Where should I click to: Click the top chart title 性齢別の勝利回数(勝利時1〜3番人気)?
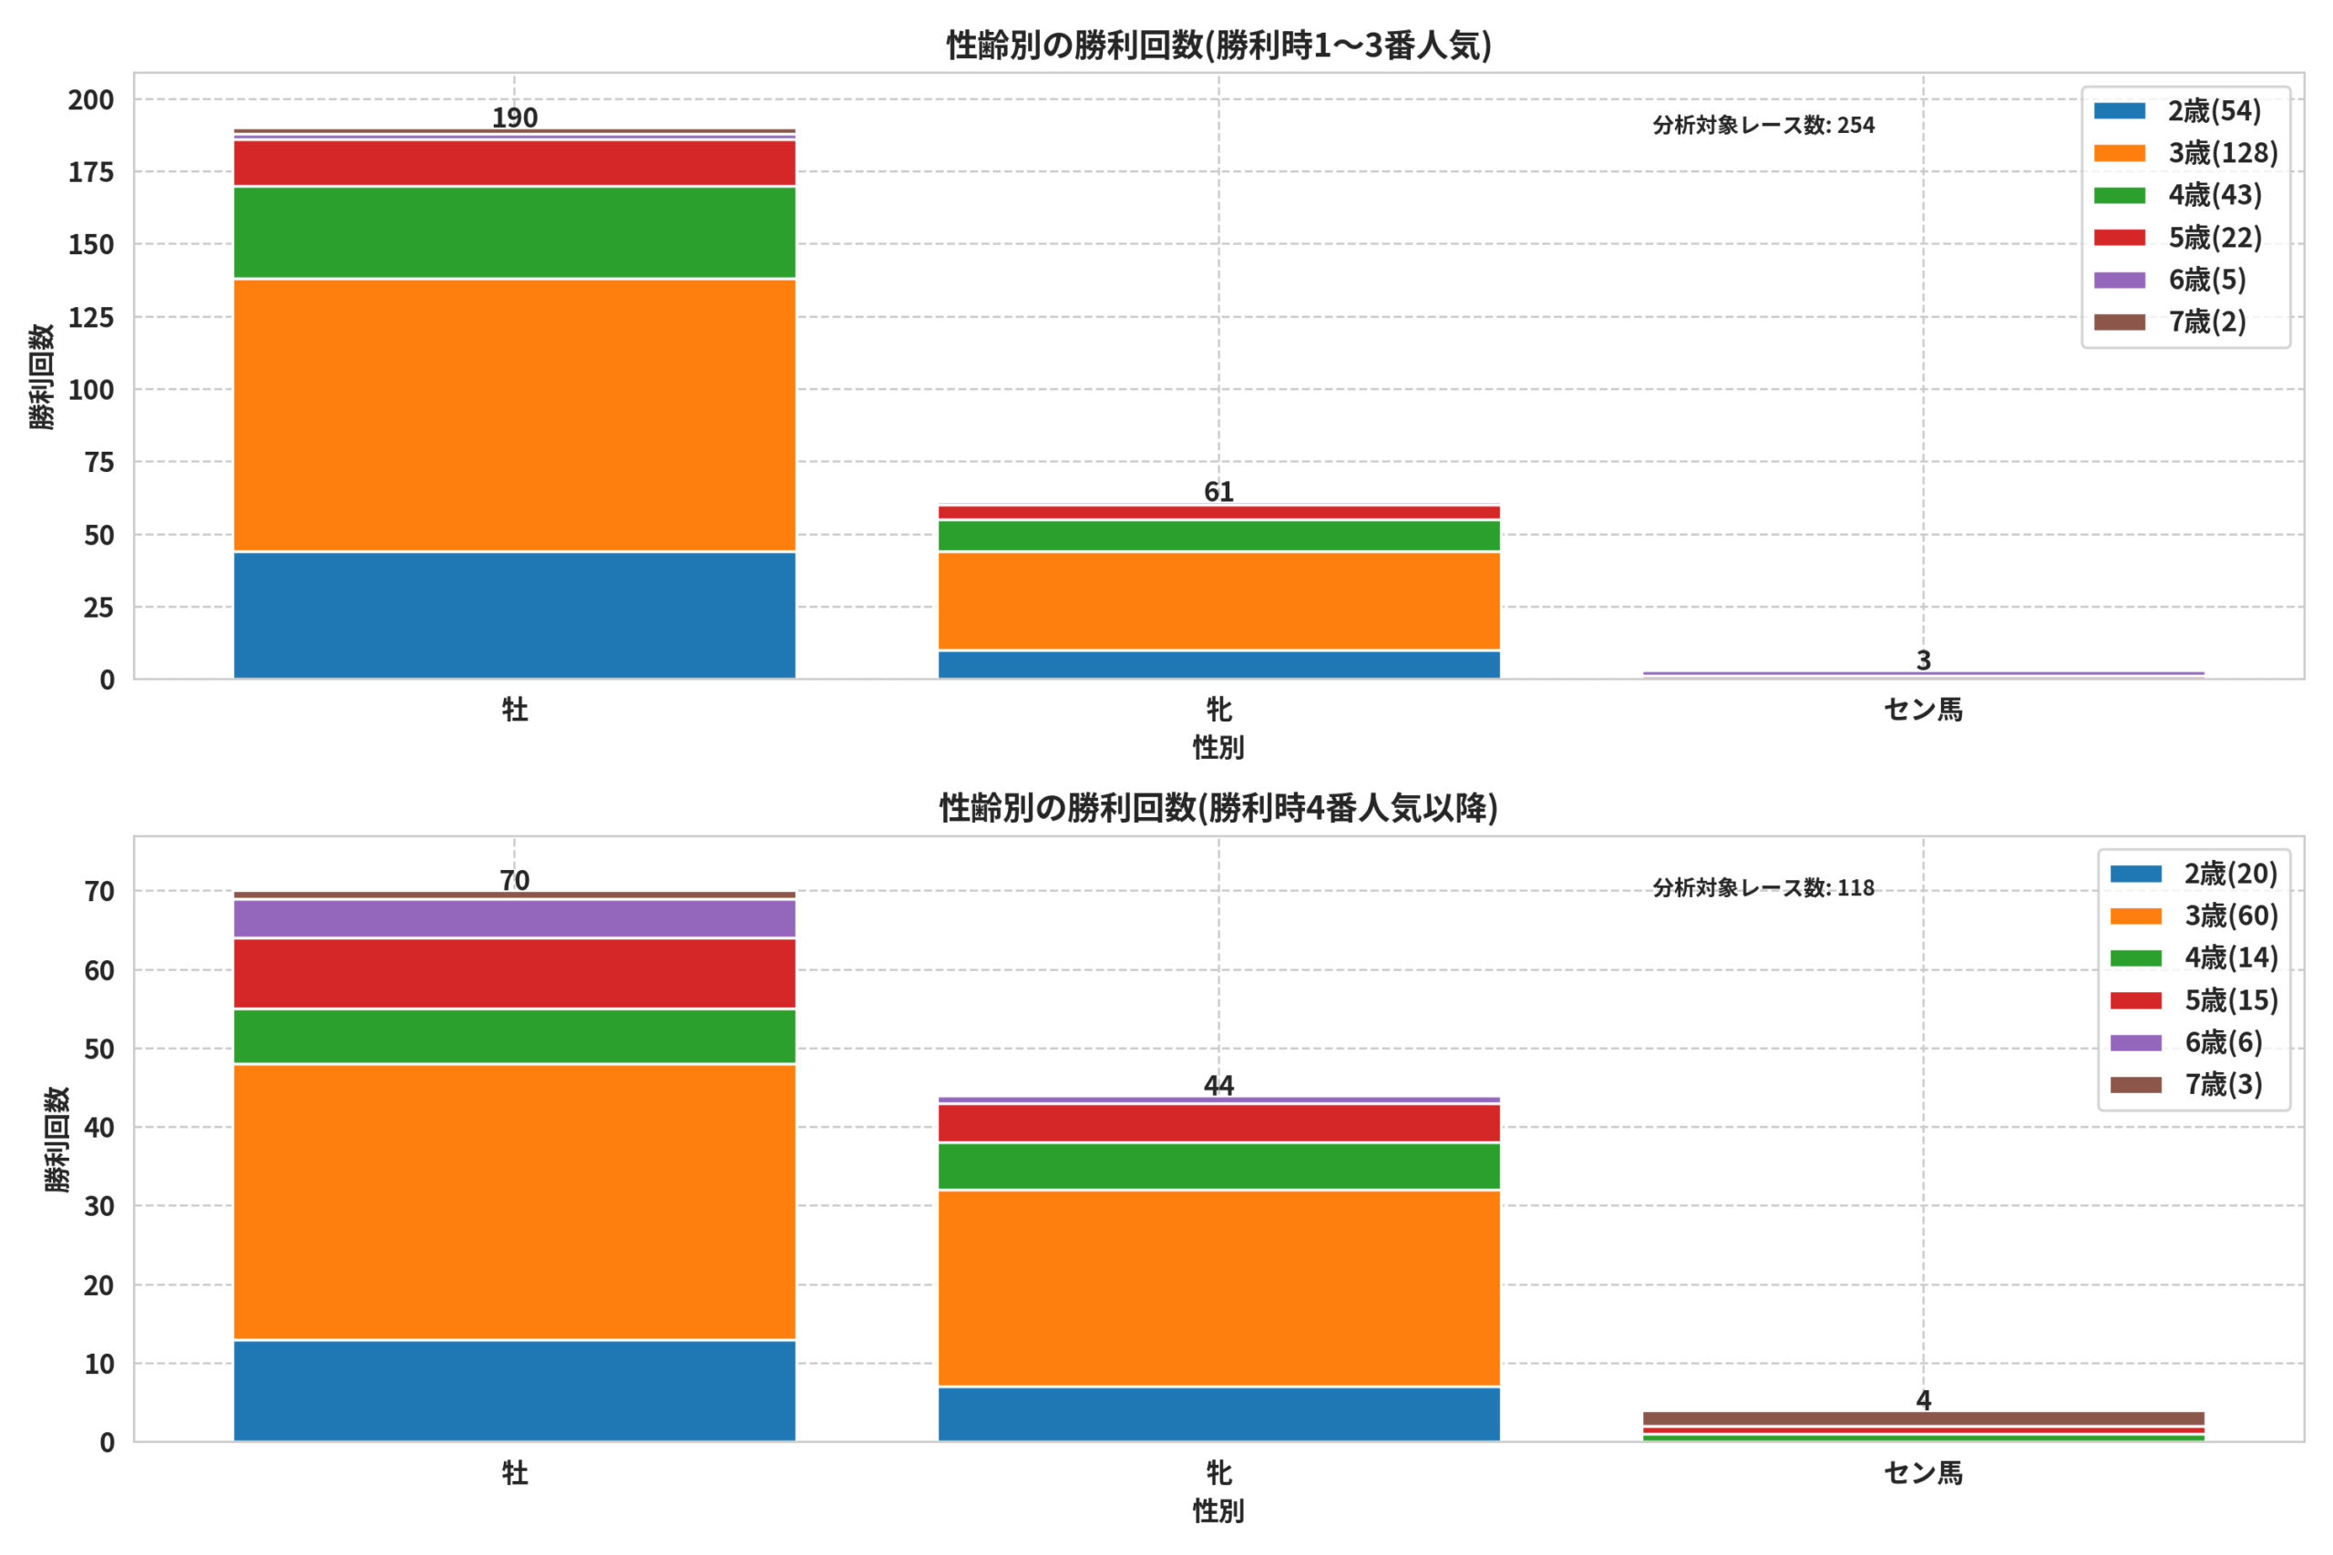[1218, 45]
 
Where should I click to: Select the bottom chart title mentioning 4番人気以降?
[1218, 807]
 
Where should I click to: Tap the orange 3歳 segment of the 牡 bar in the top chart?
[515, 414]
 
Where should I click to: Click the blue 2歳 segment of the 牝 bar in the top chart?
[1219, 664]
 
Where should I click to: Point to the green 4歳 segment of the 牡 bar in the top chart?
[515, 233]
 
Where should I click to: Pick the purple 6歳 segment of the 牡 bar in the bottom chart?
[515, 918]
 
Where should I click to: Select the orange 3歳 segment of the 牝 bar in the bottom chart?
[1219, 1288]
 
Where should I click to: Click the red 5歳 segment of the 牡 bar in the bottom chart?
[515, 973]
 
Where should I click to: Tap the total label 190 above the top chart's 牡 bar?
[515, 118]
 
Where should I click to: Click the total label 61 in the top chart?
[1219, 492]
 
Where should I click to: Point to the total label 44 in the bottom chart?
[1219, 1085]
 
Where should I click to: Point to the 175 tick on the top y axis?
[91, 172]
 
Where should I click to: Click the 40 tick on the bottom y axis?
[99, 1128]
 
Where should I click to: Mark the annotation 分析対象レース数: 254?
[1763, 125]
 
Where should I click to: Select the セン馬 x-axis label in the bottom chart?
[1923, 1473]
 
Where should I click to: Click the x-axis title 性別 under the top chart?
[1218, 747]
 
